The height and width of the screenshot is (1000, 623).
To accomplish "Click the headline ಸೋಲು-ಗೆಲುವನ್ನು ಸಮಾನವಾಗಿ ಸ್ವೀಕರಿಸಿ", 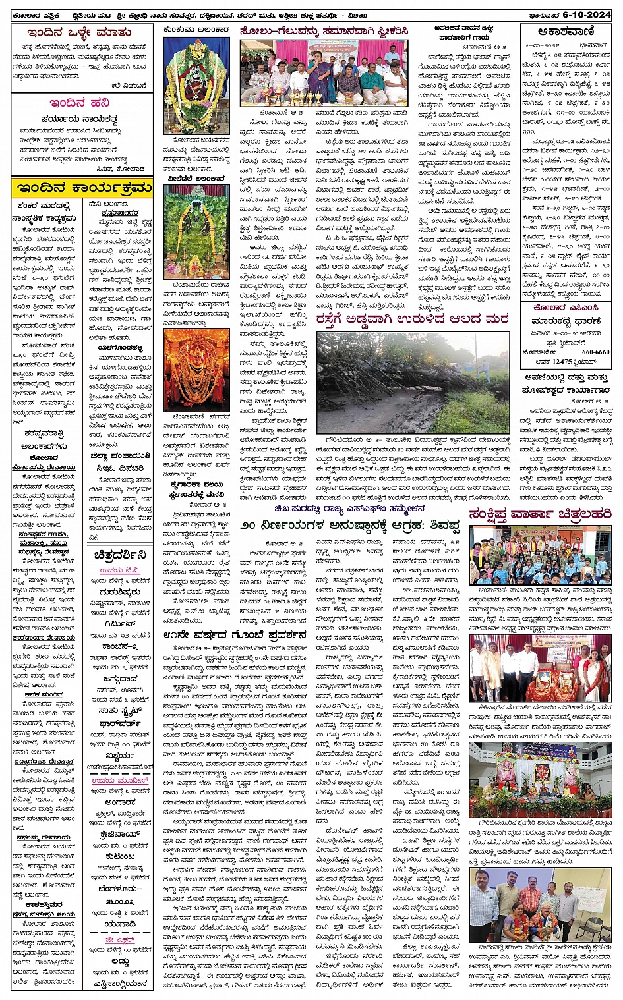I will [325, 31].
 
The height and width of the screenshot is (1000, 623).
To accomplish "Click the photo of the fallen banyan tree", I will [413, 382].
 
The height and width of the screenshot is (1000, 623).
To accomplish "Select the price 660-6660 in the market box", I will [595, 352].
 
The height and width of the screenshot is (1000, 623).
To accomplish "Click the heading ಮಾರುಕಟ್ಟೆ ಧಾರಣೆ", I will [566, 321].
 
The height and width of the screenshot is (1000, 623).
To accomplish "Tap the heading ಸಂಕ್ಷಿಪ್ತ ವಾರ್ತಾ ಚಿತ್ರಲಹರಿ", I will [540, 514].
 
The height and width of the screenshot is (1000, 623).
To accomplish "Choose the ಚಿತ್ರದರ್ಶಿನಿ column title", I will [119, 554].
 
